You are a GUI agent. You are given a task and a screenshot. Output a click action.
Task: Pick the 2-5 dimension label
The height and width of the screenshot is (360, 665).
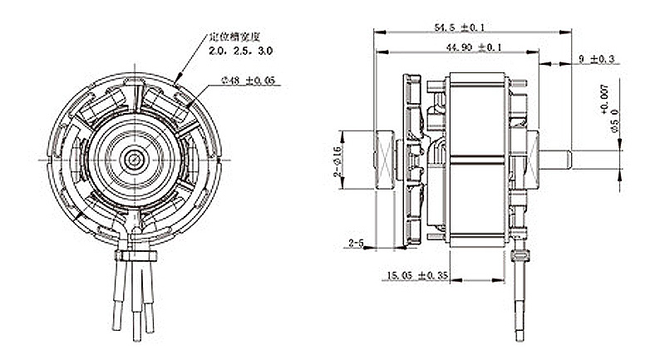point(356,242)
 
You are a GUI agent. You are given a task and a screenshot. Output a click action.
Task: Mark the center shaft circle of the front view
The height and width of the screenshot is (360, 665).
point(132,156)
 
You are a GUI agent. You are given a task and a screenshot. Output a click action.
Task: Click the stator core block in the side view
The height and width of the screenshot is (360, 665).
point(478,158)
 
